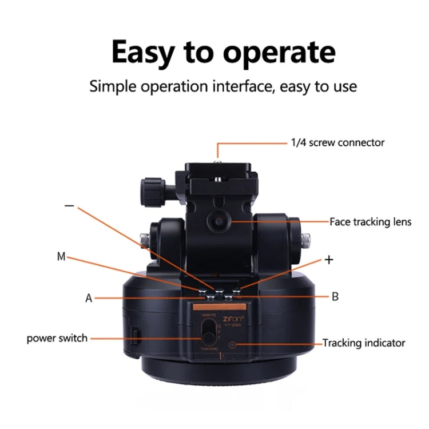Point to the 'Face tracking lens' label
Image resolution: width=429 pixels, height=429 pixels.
coord(370,222)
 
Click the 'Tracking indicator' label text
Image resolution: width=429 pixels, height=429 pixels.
coord(364,343)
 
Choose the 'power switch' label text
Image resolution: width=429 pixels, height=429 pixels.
coord(57,338)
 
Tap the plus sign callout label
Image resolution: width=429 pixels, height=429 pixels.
coord(328,260)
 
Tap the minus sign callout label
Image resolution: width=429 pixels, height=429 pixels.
coord(69,206)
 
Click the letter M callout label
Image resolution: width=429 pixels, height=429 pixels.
coord(61,257)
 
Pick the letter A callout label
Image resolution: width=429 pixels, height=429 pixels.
coord(89,298)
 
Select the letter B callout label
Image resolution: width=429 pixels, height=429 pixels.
coord(335,296)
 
